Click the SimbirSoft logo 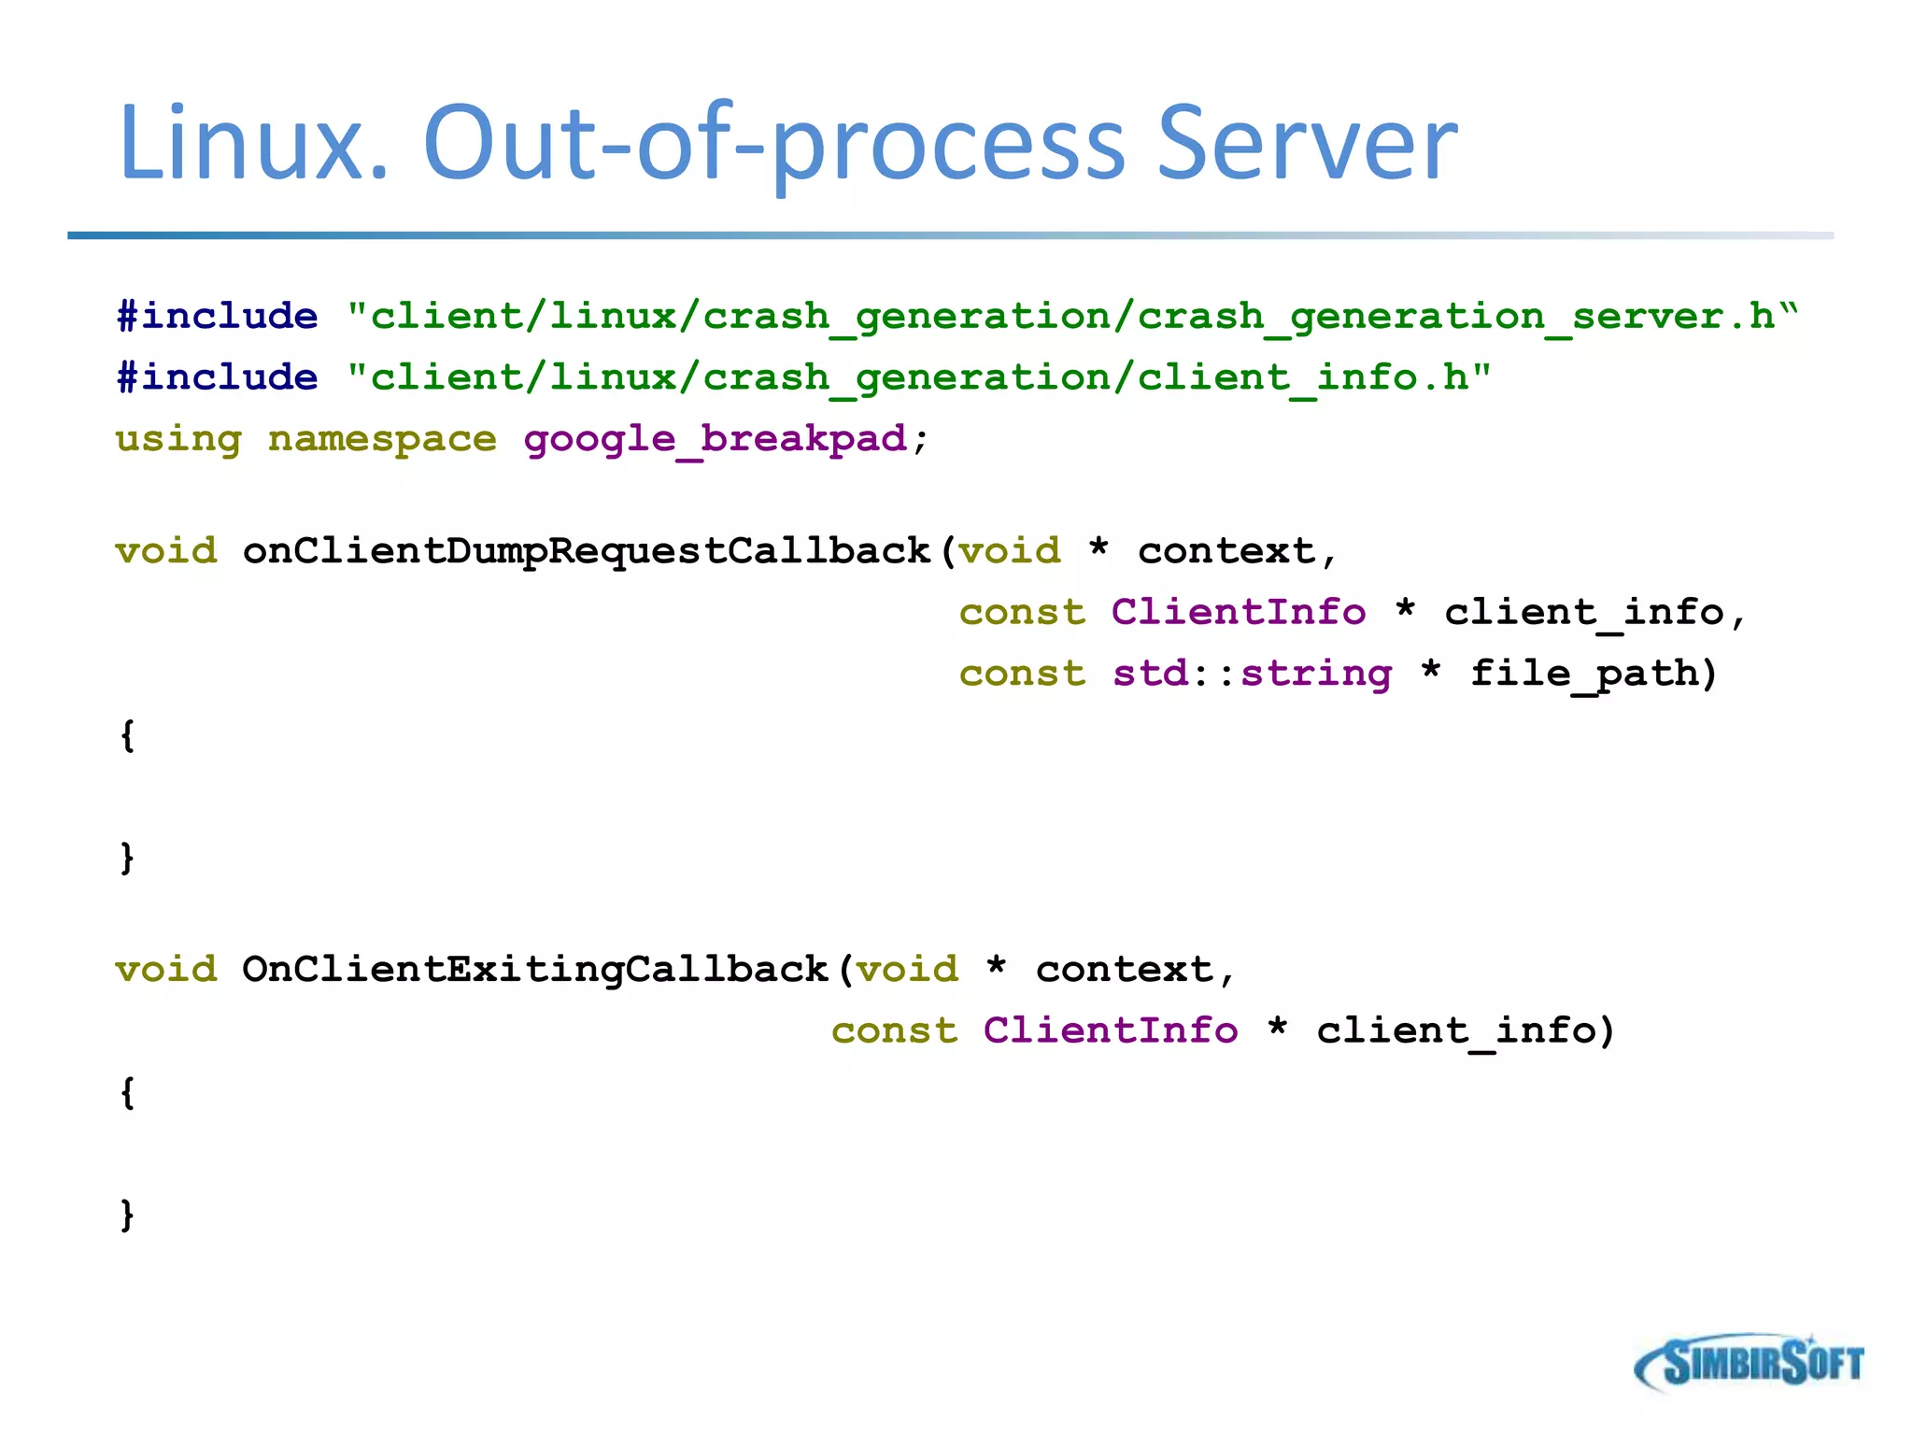click(1748, 1363)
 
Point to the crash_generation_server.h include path click(1071, 317)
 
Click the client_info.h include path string click(918, 378)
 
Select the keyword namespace click(382, 439)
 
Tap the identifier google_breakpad click(715, 439)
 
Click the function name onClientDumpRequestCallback click(587, 551)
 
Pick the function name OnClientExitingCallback click(534, 970)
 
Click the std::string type click(1252, 674)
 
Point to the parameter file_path click(1582, 674)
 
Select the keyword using click(178, 439)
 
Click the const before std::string click(1023, 674)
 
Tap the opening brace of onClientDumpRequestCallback click(128, 735)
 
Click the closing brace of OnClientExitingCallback click(128, 1215)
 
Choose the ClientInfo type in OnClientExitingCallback click(1111, 1031)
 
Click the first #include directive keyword click(217, 317)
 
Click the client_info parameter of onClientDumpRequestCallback click(1582, 613)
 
